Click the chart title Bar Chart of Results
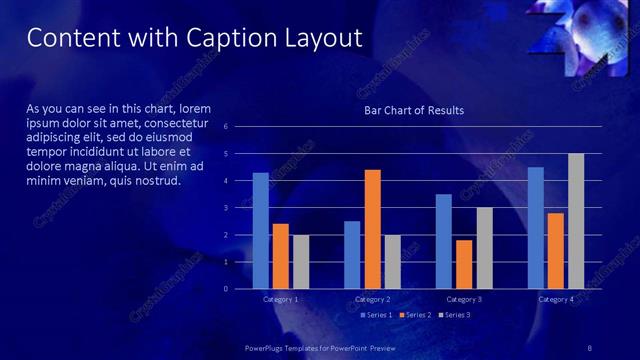(x=414, y=110)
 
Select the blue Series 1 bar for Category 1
(x=260, y=230)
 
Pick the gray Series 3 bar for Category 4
(x=576, y=220)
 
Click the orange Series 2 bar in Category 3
(x=464, y=264)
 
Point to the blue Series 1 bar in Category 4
(x=535, y=227)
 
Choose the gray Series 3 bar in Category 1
(x=301, y=261)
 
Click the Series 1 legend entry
(x=375, y=315)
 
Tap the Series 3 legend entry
(x=453, y=315)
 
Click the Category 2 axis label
(x=372, y=299)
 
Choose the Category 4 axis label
(x=556, y=299)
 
